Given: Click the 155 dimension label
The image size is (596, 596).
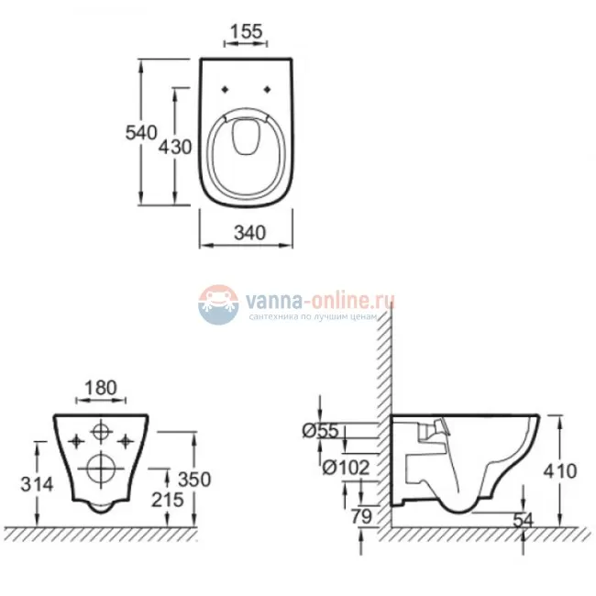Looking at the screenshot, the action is click(x=247, y=31).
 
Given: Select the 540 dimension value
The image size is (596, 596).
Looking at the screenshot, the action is click(x=141, y=133).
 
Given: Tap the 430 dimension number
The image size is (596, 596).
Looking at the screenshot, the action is click(x=175, y=147).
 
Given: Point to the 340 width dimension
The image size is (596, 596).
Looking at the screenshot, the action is click(x=249, y=233).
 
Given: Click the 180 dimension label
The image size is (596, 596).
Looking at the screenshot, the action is click(x=101, y=388).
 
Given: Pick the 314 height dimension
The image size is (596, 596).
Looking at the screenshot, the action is click(x=37, y=484).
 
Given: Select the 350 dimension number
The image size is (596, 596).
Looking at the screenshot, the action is click(x=194, y=480).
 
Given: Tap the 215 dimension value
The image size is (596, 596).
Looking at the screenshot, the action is click(x=168, y=500).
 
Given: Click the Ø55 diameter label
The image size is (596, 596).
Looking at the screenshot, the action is click(x=320, y=431).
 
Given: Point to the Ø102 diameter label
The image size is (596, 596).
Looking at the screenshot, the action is click(x=346, y=467).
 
